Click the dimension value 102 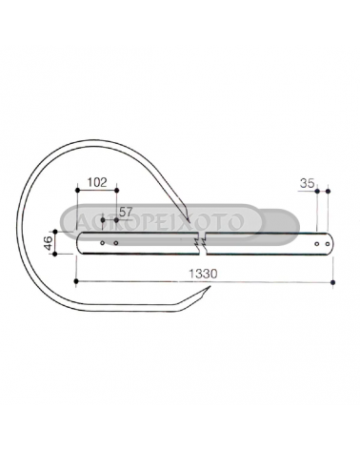point(97,182)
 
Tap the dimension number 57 point(126,212)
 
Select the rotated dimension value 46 point(49,243)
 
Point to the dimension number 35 point(307,183)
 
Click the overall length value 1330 point(203,274)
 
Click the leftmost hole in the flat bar point(102,243)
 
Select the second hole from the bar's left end point(116,243)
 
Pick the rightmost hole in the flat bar point(328,244)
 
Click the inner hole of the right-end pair point(317,244)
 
